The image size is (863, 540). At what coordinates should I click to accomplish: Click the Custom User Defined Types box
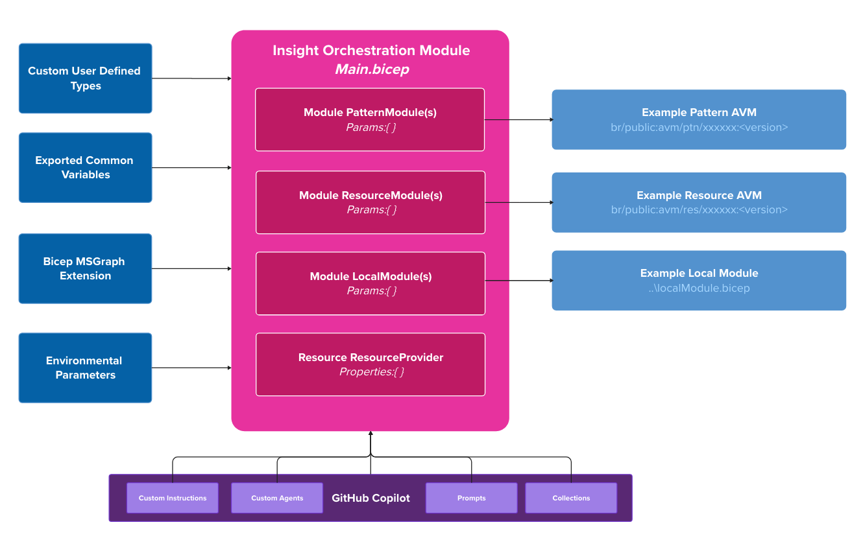[85, 78]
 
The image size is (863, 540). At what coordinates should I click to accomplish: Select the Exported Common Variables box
[85, 167]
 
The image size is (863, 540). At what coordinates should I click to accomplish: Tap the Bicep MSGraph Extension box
[85, 268]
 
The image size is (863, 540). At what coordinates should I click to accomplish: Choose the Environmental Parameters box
[85, 368]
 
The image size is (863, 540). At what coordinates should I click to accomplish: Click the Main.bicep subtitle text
[371, 69]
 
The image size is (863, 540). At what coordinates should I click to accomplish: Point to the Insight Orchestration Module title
[371, 51]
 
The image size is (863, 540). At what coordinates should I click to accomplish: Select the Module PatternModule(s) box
[370, 119]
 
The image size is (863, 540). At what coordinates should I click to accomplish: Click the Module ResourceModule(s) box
[370, 202]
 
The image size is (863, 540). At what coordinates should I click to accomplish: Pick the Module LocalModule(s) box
[370, 283]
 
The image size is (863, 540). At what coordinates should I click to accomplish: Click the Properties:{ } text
[371, 372]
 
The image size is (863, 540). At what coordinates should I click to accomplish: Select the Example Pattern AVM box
[699, 119]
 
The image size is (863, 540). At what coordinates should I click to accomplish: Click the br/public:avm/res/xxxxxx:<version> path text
[699, 210]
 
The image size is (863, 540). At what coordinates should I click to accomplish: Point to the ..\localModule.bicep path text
[699, 288]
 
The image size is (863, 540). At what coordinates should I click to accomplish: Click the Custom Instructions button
[173, 498]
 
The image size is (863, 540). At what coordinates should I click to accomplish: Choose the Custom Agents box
[277, 498]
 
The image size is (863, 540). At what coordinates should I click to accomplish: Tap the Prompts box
[471, 498]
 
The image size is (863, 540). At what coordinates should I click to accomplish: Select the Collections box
[571, 498]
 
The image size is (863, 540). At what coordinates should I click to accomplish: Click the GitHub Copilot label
[371, 498]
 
